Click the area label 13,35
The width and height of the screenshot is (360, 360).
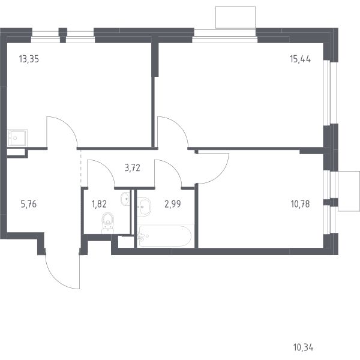(x=29, y=59)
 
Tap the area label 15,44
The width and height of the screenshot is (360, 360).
(x=301, y=59)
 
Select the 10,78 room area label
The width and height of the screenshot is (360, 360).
(x=301, y=204)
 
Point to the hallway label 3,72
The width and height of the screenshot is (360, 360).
(x=132, y=168)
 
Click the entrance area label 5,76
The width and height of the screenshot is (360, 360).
(x=29, y=204)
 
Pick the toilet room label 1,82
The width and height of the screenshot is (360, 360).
(x=99, y=204)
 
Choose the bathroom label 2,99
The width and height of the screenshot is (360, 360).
(x=173, y=204)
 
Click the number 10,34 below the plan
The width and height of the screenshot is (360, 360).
(x=303, y=347)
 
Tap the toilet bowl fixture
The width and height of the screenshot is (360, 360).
(x=107, y=223)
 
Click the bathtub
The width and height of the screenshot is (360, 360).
(x=165, y=236)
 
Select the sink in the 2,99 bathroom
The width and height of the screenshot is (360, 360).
(x=144, y=206)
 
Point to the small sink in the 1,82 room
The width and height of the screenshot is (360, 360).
(x=125, y=199)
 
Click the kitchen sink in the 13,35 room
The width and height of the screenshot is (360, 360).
(x=17, y=138)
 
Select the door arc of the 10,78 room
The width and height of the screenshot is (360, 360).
(x=220, y=175)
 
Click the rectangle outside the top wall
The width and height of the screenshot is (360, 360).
(x=235, y=17)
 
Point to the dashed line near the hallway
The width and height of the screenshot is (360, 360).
(x=81, y=167)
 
